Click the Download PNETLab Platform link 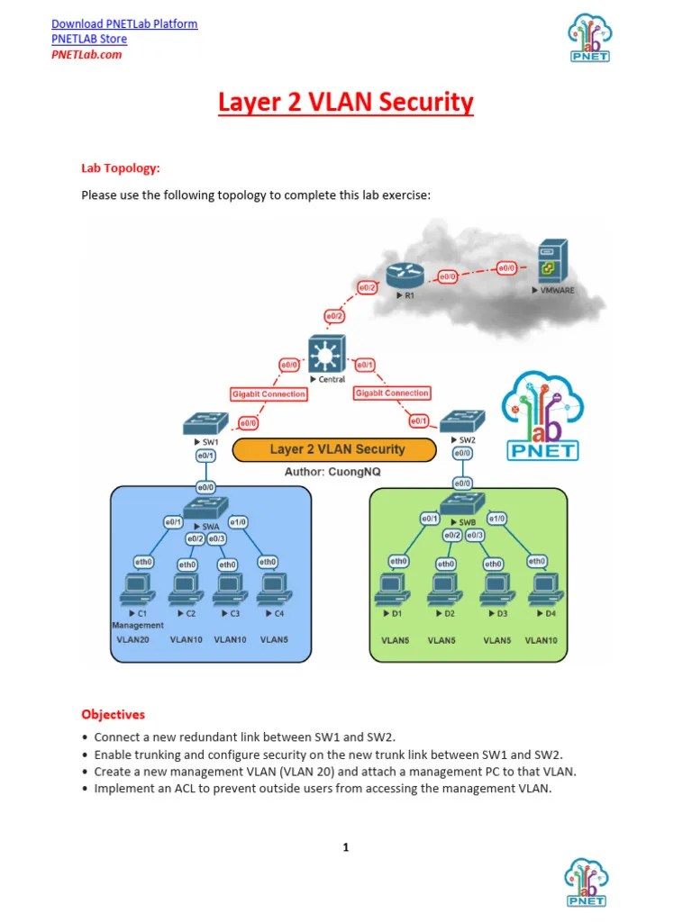[124, 23]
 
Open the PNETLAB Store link [89, 39]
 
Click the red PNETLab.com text [86, 54]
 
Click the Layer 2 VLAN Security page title [345, 103]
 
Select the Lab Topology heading [121, 167]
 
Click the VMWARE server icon [551, 262]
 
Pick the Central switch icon [322, 354]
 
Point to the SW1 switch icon [206, 423]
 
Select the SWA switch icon [206, 507]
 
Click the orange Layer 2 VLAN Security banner [337, 449]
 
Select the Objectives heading [113, 714]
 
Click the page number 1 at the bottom [345, 847]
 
